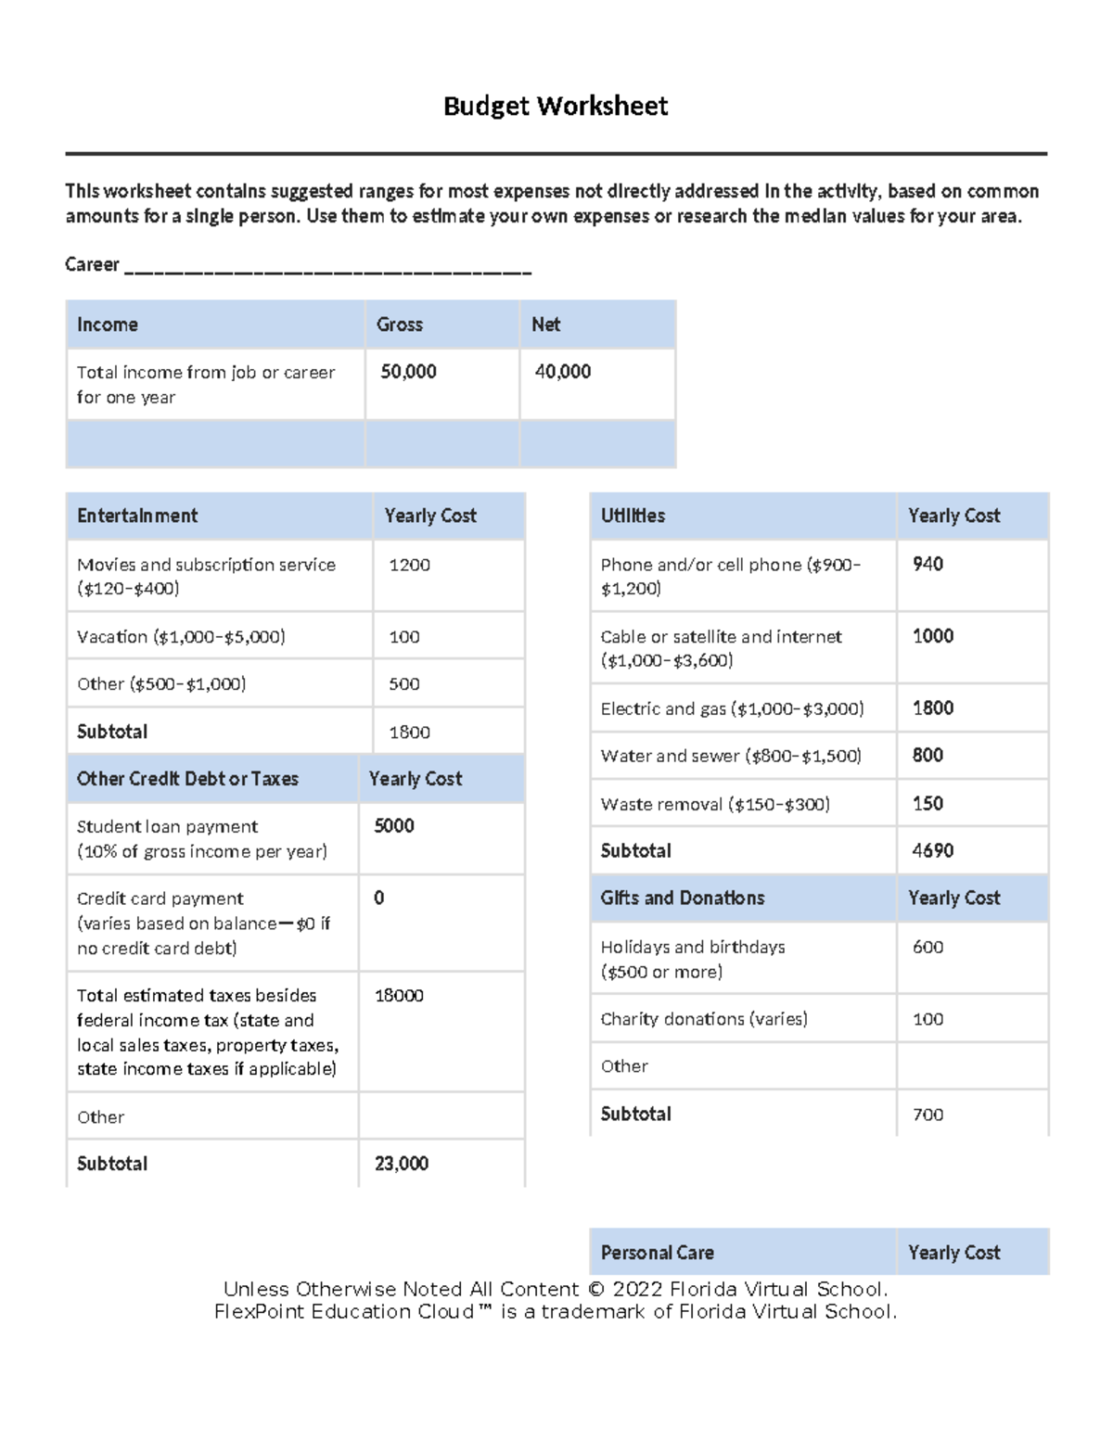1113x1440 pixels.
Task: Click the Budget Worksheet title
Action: click(x=555, y=107)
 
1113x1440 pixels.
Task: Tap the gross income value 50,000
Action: click(x=408, y=372)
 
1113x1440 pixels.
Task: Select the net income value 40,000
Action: click(x=562, y=372)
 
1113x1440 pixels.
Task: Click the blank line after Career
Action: click(x=327, y=269)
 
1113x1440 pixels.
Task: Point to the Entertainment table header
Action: click(x=137, y=516)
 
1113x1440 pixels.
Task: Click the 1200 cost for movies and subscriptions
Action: click(x=409, y=565)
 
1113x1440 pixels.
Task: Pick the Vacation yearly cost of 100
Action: click(x=404, y=637)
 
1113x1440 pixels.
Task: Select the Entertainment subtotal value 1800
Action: click(x=409, y=733)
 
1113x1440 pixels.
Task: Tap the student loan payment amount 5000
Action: click(x=393, y=826)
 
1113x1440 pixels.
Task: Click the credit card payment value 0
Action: click(x=378, y=898)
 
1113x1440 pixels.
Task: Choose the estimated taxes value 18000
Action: click(x=399, y=996)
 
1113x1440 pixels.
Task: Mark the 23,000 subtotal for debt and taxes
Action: click(x=401, y=1164)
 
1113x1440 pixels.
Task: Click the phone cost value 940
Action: click(x=927, y=564)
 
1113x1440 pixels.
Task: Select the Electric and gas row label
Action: click(x=732, y=709)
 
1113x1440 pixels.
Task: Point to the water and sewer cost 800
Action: click(x=927, y=756)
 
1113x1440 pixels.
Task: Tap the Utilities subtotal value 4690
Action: click(x=932, y=850)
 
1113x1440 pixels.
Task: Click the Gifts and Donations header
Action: click(x=683, y=898)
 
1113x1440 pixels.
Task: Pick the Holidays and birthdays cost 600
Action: click(x=927, y=947)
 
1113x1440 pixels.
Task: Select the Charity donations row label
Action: click(x=704, y=1019)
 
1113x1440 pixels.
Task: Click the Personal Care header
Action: click(x=657, y=1253)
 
